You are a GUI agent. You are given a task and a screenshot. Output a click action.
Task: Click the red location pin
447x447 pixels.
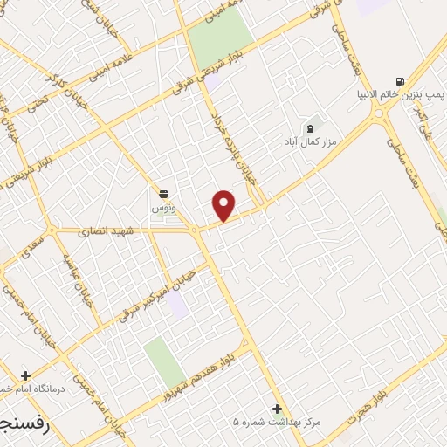tap(224, 205)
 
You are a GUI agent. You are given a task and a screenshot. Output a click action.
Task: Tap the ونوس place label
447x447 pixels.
tap(163, 208)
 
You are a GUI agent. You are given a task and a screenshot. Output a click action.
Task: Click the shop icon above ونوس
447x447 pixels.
tap(163, 193)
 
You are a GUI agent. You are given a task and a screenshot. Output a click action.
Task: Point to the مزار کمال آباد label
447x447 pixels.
tap(306, 140)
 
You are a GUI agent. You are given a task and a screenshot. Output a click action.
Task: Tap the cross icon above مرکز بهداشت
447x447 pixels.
tap(277, 408)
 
